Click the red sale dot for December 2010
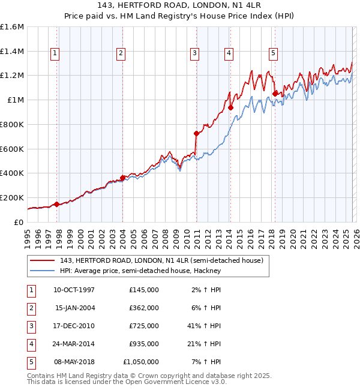point(196,133)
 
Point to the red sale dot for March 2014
point(230,108)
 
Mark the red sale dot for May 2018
point(275,94)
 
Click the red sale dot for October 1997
point(57,204)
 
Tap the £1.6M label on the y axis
point(12,27)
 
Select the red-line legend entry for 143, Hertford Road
point(161,260)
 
